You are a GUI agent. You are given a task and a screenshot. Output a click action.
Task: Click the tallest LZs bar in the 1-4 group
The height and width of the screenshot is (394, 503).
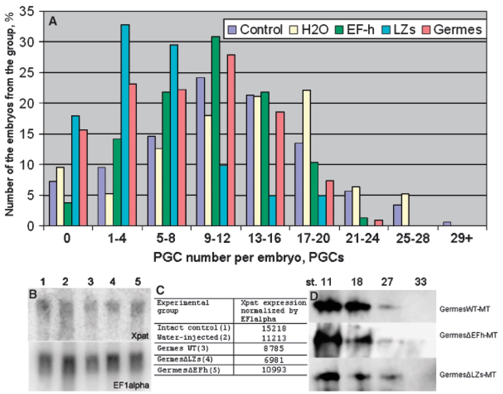pyautogui.click(x=125, y=125)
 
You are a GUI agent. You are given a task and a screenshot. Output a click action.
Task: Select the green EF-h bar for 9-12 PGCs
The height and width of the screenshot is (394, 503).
pyautogui.click(x=216, y=131)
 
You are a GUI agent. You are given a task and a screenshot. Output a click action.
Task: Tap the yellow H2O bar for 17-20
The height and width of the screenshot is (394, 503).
pyautogui.click(x=307, y=158)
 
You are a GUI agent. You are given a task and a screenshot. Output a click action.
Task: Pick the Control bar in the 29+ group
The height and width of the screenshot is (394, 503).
pyautogui.click(x=447, y=224)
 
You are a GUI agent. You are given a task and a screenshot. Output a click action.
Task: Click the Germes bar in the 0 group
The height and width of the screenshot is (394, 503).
pyautogui.click(x=83, y=178)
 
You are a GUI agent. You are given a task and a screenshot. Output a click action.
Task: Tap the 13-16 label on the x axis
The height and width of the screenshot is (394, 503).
pyautogui.click(x=264, y=239)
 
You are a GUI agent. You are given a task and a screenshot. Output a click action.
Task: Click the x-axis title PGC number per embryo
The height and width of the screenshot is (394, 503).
pyautogui.click(x=248, y=257)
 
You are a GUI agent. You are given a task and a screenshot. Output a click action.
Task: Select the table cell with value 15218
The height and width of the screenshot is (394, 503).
pyautogui.click(x=273, y=328)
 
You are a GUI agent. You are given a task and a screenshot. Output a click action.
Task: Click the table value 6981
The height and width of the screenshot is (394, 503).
pyautogui.click(x=273, y=360)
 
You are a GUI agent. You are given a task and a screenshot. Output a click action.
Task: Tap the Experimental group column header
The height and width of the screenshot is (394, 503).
pyautogui.click(x=183, y=306)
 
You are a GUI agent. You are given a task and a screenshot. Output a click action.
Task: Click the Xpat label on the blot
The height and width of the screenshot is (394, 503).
pyautogui.click(x=140, y=336)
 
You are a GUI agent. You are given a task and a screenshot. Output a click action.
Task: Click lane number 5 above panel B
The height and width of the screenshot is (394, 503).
pyautogui.click(x=138, y=282)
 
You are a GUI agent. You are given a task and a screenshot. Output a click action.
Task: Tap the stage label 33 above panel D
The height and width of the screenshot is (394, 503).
pyautogui.click(x=421, y=282)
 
